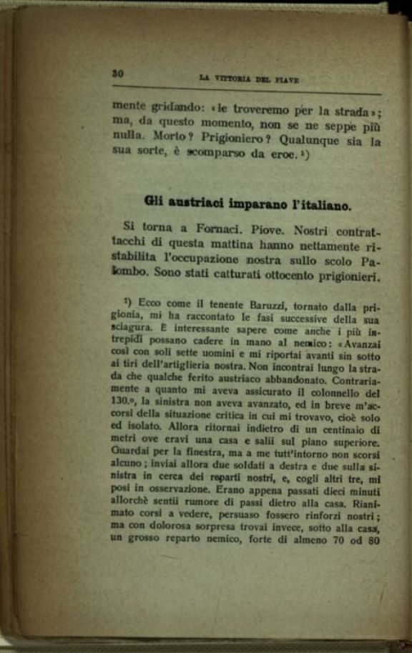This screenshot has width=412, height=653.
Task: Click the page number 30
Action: (119, 73)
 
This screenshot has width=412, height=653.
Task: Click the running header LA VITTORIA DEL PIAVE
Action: (248, 79)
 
